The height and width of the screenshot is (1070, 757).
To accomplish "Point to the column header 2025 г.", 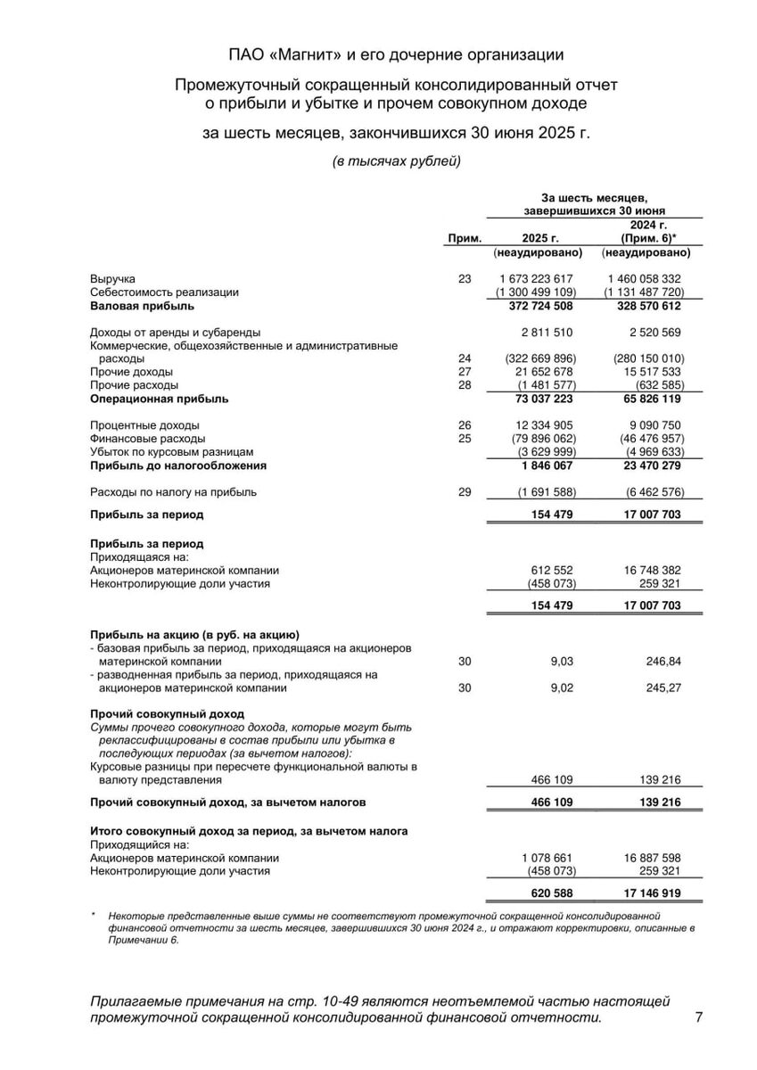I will click(x=540, y=239).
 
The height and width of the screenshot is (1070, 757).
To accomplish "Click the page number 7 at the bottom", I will click(x=698, y=1017).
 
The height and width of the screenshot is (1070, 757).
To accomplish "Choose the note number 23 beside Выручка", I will click(x=464, y=279).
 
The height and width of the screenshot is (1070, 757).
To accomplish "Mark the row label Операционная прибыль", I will click(x=159, y=399).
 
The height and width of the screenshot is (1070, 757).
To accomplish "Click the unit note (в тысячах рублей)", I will click(x=397, y=161).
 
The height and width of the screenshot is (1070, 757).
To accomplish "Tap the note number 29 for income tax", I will click(x=464, y=491).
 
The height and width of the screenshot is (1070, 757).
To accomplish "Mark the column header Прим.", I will click(x=464, y=239).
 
